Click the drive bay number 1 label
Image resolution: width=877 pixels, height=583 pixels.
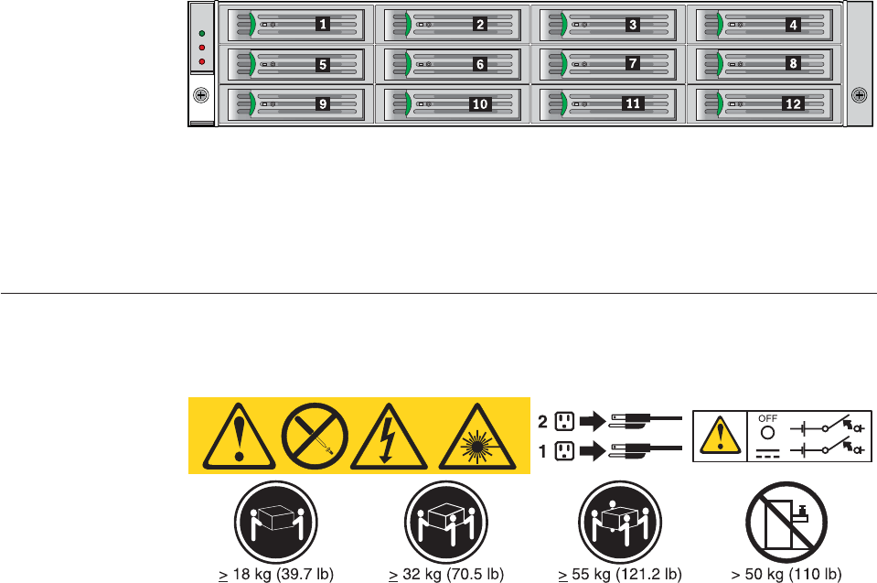click(x=324, y=25)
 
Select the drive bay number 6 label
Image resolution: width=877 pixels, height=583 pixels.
click(x=480, y=64)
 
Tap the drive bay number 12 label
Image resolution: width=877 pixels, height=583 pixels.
click(x=793, y=104)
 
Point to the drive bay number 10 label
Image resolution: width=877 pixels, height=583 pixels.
click(x=480, y=104)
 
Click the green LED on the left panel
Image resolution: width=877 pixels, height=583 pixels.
click(x=201, y=33)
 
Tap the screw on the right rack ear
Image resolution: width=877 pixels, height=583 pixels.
click(x=859, y=94)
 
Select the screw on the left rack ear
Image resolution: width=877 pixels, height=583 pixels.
click(x=201, y=94)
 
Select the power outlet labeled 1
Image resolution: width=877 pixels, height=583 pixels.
click(x=564, y=450)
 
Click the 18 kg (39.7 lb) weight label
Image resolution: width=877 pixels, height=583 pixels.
click(x=275, y=575)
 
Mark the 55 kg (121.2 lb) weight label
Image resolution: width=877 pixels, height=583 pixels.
click(x=620, y=575)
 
